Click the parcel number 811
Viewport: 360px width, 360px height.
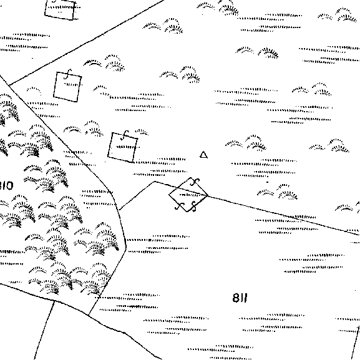point(240,298)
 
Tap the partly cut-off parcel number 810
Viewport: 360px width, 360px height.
point(6,185)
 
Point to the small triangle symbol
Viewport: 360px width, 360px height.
point(203,155)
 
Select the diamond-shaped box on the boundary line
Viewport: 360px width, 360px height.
point(188,195)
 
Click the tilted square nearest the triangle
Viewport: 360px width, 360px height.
point(123,147)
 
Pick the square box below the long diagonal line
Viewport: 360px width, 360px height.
point(67,87)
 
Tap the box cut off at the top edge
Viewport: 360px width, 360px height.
point(60,10)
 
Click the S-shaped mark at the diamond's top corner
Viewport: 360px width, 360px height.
point(195,182)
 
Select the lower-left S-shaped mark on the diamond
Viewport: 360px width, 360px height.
point(179,206)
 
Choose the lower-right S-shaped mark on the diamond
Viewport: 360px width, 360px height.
point(194,207)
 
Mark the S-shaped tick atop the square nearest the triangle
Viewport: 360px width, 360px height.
point(125,135)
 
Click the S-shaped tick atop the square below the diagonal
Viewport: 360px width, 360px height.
point(68,74)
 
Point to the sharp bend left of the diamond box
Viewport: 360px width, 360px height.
point(155,182)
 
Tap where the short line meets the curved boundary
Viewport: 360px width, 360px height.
point(119,210)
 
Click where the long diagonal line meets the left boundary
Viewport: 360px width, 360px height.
point(9,85)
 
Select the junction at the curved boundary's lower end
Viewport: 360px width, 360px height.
point(89,315)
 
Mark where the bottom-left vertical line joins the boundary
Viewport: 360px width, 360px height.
point(54,301)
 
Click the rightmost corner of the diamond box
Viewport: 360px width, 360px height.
point(208,195)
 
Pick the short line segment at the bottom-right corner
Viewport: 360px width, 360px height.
point(356,341)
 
